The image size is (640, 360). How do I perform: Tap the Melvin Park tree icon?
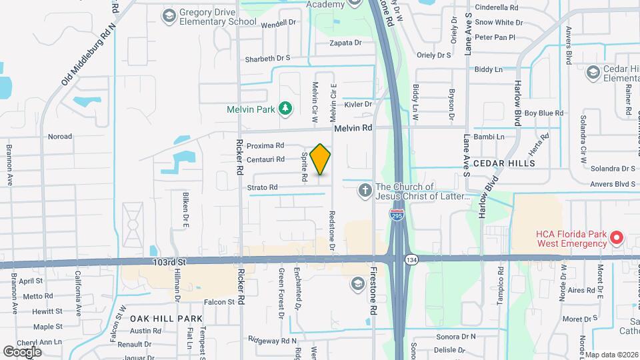285,108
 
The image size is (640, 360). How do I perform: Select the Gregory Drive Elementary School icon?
169,15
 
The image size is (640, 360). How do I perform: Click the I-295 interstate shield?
397,215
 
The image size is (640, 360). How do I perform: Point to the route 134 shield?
413,259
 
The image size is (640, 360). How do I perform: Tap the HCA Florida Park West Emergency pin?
617,237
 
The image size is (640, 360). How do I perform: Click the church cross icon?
365,191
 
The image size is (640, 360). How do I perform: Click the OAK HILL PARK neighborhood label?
166,319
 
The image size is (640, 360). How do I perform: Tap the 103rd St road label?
167,263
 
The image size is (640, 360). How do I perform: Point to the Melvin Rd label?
352,128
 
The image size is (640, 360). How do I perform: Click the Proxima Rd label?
265,145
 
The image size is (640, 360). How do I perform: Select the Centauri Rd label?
266,159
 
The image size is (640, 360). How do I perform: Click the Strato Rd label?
263,188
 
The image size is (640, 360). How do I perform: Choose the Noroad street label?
60,137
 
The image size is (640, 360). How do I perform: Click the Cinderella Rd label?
495,8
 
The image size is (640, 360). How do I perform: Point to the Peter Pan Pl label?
495,37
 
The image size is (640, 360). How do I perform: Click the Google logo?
22,351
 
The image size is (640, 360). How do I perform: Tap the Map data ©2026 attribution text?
611,355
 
